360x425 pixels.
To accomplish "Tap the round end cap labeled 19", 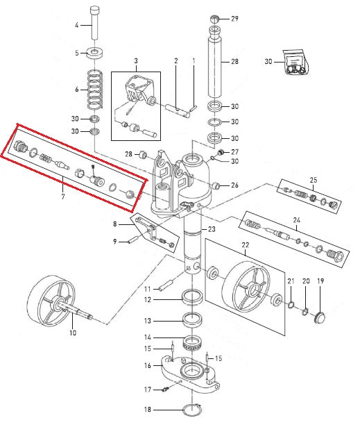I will point(320,317).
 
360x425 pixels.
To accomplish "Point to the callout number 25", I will point(313,180).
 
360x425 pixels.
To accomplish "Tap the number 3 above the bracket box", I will point(136,61).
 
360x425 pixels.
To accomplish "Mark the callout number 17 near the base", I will point(146,389).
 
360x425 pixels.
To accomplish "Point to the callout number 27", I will point(235,152).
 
